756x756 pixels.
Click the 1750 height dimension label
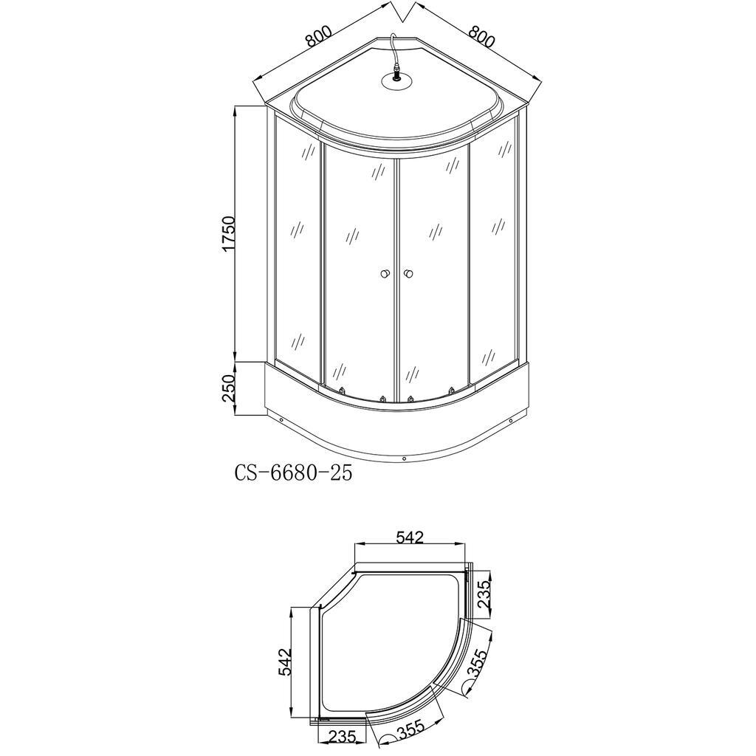coord(227,233)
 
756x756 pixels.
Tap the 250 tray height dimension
coord(227,388)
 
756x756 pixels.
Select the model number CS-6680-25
coord(294,473)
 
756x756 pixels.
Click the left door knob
coord(384,274)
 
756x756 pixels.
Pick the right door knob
coord(409,274)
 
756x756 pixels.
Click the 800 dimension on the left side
coord(319,35)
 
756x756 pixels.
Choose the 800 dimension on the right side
coord(481,35)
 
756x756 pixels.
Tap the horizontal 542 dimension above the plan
coord(409,537)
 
